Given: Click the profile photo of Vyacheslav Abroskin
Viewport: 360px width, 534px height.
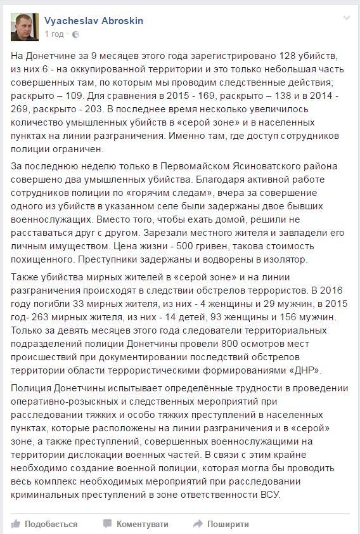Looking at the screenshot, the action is point(25,27).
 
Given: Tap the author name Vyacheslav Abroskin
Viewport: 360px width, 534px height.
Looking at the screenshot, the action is point(94,21).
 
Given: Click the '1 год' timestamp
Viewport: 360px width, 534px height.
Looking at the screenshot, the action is point(54,34).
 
